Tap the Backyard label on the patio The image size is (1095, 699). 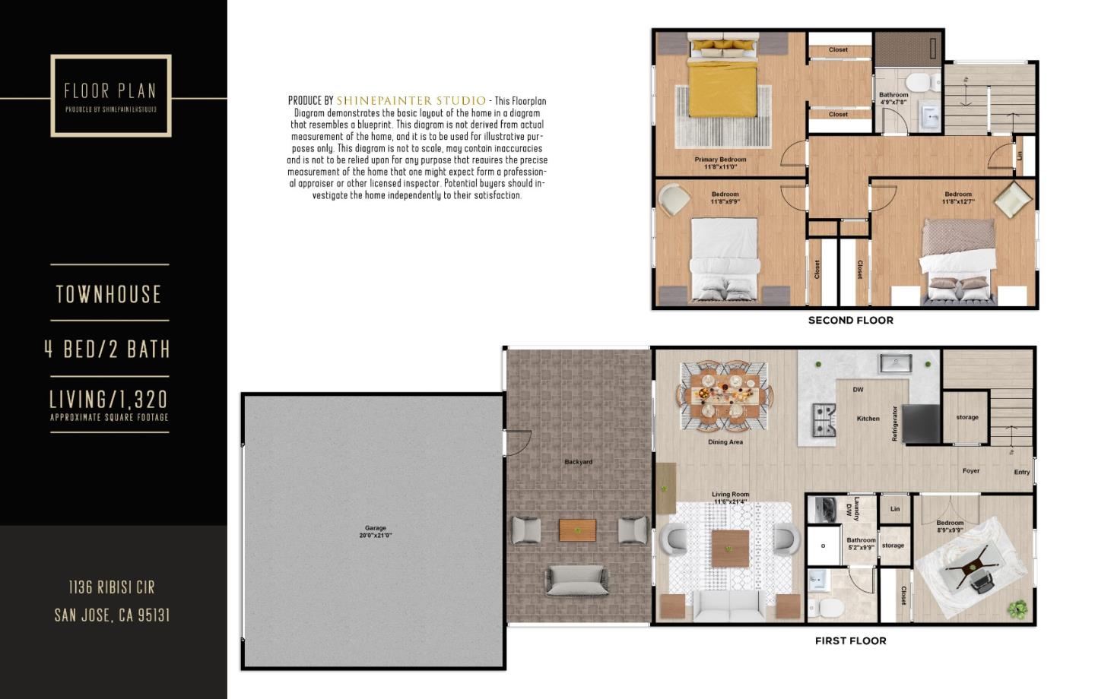[578, 462]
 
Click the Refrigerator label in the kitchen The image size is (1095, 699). [895, 424]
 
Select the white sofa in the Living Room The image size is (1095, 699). [730, 605]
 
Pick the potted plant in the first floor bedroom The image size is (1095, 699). [1016, 608]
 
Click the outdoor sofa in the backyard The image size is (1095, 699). [575, 581]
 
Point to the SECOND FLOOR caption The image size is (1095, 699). [850, 321]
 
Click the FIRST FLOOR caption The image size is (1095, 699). [850, 640]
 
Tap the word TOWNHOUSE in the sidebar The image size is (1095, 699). [109, 295]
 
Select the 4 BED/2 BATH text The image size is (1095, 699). [107, 349]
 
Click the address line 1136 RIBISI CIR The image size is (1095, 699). [112, 587]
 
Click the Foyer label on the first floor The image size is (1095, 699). [971, 471]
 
